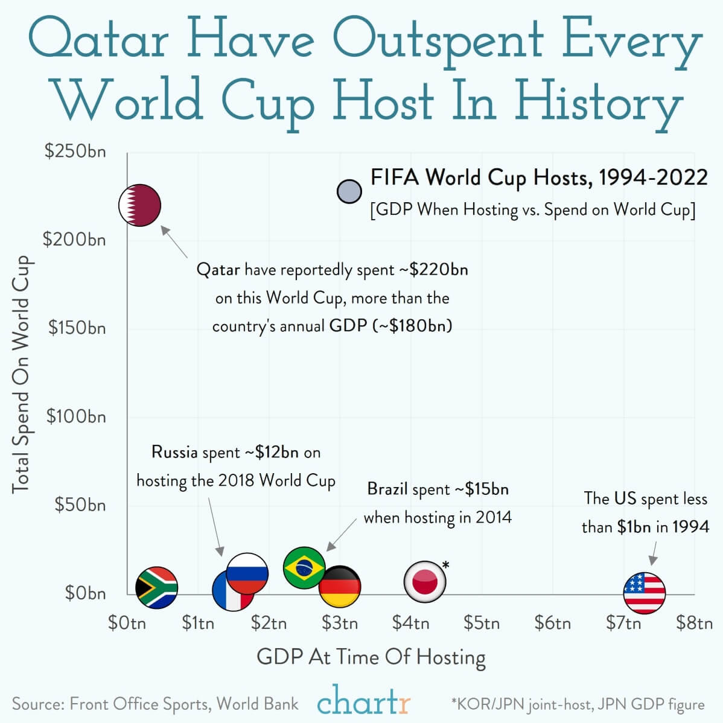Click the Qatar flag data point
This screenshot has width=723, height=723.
coord(139,205)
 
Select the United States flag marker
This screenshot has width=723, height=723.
coord(644,593)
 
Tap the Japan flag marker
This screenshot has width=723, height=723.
coord(425,582)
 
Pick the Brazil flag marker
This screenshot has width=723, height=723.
coord(304,567)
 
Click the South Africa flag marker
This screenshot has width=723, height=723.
coord(156,587)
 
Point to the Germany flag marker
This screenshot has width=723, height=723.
coord(340,587)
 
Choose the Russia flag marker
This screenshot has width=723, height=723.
coord(247,573)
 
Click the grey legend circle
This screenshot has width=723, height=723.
coord(349,191)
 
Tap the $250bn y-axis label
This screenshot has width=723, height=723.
coord(75,151)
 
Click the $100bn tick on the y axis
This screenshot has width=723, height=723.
coord(77,416)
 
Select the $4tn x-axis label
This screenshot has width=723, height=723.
coord(410,622)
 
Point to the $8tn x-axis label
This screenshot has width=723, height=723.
coord(694,622)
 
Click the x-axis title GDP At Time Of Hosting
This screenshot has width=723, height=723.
coord(371,657)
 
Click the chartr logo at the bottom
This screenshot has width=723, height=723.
coord(363,702)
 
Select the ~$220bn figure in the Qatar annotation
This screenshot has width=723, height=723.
coord(433,269)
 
